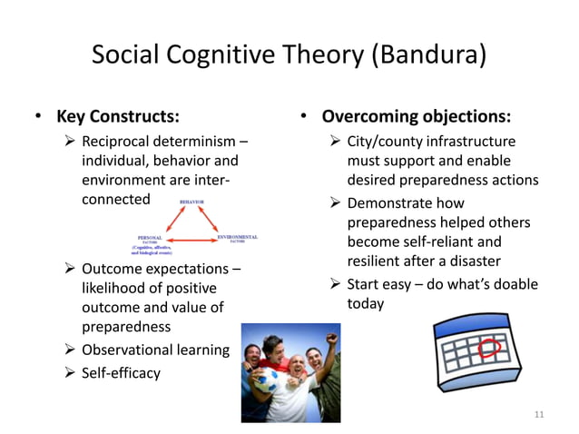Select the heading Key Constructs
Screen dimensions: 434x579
click(117, 116)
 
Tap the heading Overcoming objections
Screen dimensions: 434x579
click(416, 116)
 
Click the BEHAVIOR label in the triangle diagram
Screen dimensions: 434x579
click(191, 202)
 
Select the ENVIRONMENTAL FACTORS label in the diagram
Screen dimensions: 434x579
click(238, 239)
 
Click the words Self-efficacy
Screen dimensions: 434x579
click(121, 372)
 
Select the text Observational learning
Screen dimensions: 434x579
click(155, 350)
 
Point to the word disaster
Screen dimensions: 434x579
click(469, 261)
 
